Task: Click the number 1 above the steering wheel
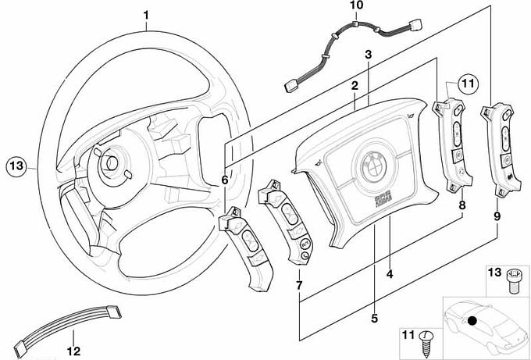tap(147, 15)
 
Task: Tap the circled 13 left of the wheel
tap(16, 165)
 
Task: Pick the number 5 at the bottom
tap(374, 318)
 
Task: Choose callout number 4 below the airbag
tap(390, 274)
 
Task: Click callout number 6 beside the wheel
tap(225, 180)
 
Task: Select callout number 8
tap(462, 205)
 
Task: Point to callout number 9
tap(497, 210)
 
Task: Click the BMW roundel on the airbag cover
tap(370, 166)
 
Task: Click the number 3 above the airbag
tap(368, 54)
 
